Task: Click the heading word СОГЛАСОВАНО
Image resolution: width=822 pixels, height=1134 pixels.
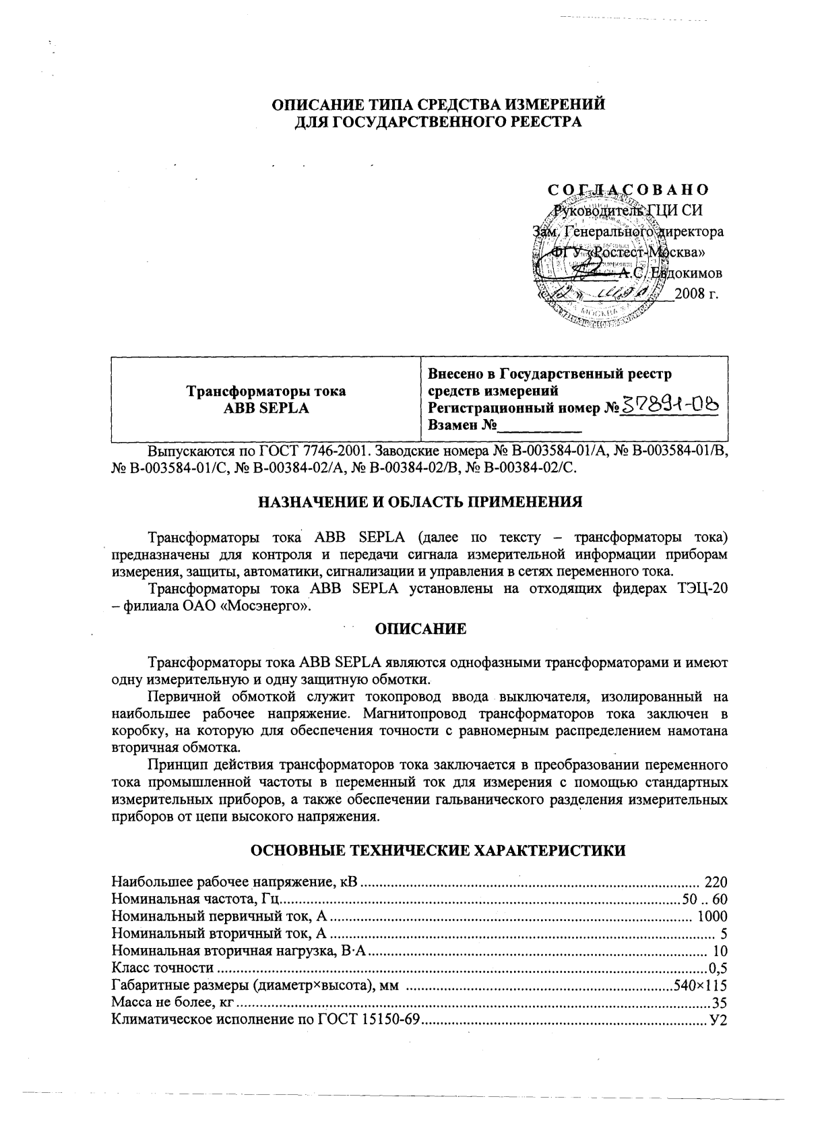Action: [627, 190]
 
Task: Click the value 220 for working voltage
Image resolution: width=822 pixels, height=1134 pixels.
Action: [716, 881]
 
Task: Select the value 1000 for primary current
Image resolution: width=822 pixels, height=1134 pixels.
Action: [712, 916]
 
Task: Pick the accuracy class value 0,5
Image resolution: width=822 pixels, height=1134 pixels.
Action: [718, 969]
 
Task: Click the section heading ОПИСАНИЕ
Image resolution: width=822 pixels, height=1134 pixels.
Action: [420, 629]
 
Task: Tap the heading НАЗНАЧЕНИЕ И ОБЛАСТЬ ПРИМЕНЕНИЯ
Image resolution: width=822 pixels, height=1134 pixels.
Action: [420, 503]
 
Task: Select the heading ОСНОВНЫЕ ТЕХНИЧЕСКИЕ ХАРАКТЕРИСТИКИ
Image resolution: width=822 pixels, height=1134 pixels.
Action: [438, 850]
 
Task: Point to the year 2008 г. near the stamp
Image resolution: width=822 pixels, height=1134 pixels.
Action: [701, 294]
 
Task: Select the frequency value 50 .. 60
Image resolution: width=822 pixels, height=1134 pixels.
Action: [705, 899]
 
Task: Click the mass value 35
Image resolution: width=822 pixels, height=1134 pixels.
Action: [720, 1004]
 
